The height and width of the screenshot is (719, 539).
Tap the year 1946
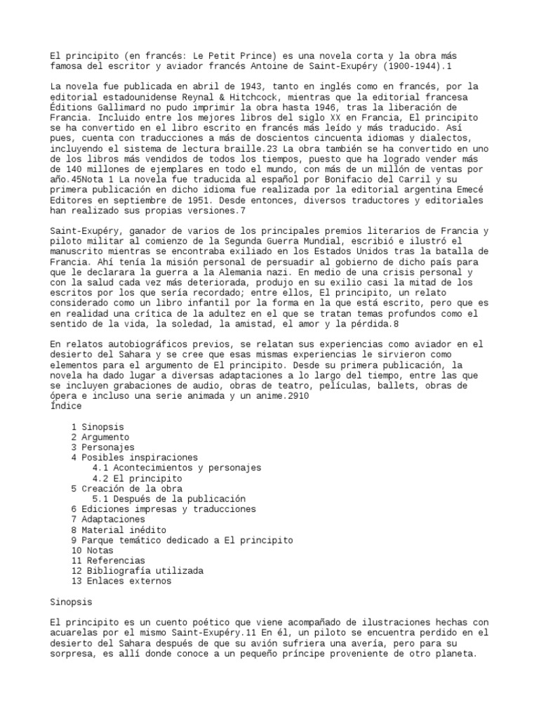[290, 107]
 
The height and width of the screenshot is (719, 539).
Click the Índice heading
[67, 406]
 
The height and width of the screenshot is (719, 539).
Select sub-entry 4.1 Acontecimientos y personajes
[177, 468]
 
